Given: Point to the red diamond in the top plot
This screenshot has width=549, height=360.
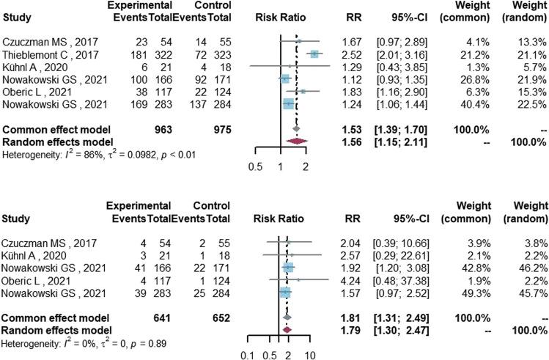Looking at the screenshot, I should point(291,141).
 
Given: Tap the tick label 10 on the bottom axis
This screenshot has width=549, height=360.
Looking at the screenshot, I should point(311,354).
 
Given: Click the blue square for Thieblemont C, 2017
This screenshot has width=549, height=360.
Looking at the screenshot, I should point(314,54).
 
